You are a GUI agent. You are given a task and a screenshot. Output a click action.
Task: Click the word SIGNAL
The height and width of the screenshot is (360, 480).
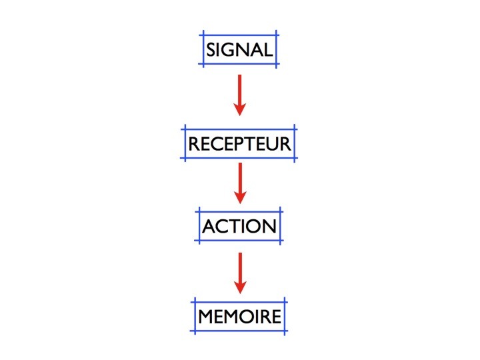click(239, 49)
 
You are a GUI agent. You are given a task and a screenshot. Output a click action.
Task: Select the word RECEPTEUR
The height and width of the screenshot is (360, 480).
click(239, 144)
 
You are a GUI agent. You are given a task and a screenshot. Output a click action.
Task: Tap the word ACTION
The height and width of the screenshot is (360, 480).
click(239, 226)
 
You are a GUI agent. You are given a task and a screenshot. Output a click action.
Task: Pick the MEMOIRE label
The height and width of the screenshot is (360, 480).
click(240, 317)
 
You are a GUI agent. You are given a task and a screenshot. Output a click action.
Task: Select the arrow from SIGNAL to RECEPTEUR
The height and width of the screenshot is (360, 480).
click(240, 95)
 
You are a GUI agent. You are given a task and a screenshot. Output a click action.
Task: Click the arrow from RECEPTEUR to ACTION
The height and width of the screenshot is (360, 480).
click(240, 183)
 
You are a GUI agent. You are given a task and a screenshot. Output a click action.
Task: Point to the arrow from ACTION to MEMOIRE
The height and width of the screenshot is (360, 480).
click(240, 273)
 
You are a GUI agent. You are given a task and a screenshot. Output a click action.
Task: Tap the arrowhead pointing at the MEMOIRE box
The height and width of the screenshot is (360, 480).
click(240, 287)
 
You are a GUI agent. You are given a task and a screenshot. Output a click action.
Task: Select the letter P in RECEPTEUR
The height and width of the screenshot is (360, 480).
click(240, 144)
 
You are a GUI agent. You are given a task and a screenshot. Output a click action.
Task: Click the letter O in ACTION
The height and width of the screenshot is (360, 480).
click(256, 226)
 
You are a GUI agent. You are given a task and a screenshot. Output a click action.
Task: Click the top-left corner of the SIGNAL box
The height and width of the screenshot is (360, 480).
click(203, 35)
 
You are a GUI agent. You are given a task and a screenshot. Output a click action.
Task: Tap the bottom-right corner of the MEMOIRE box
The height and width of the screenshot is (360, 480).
click(285, 331)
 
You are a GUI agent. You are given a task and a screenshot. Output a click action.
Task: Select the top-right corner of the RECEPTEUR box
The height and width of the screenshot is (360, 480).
click(295, 129)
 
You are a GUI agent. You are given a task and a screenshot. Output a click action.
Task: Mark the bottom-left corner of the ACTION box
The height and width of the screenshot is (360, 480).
click(199, 240)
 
